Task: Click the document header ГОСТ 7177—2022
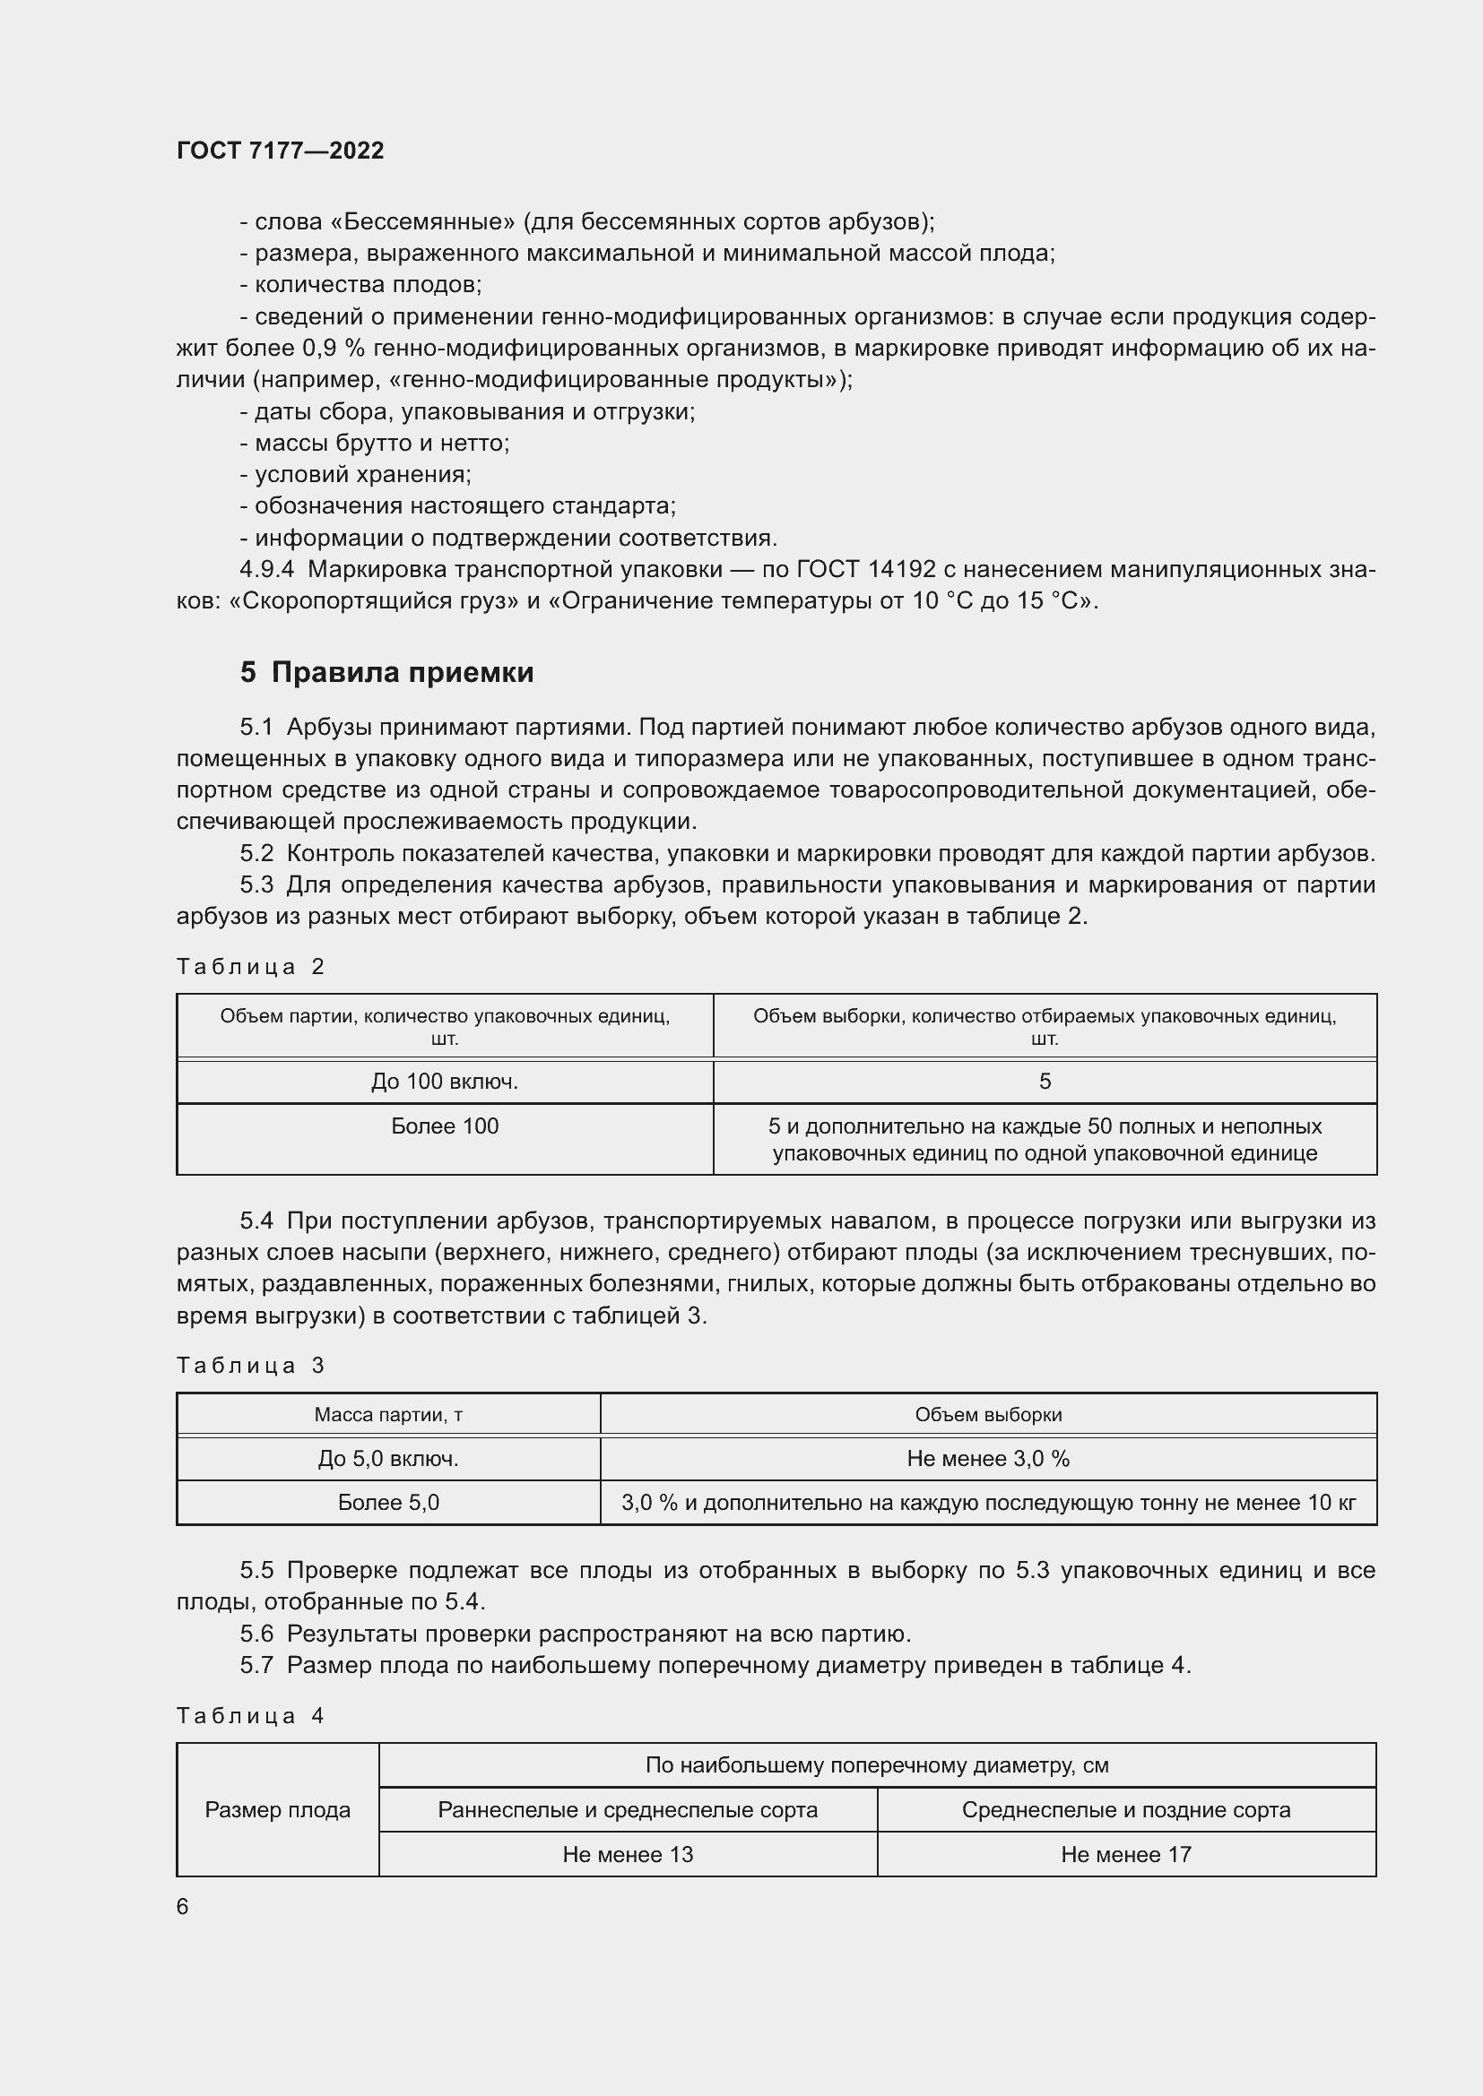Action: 280,151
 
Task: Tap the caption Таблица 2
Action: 250,967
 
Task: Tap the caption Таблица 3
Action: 250,1366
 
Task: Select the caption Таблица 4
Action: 250,1716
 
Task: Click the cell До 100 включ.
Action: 445,1082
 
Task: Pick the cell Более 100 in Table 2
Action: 445,1126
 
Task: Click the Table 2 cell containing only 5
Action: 1045,1082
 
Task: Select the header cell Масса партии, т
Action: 388,1415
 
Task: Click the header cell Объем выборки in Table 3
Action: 988,1415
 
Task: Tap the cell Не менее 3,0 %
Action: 988,1459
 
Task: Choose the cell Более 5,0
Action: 388,1503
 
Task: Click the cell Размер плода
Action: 278,1810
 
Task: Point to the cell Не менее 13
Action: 628,1855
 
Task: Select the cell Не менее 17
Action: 1126,1855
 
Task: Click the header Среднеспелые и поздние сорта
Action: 1126,1810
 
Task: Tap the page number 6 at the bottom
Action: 183,1907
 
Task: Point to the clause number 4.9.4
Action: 266,570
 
